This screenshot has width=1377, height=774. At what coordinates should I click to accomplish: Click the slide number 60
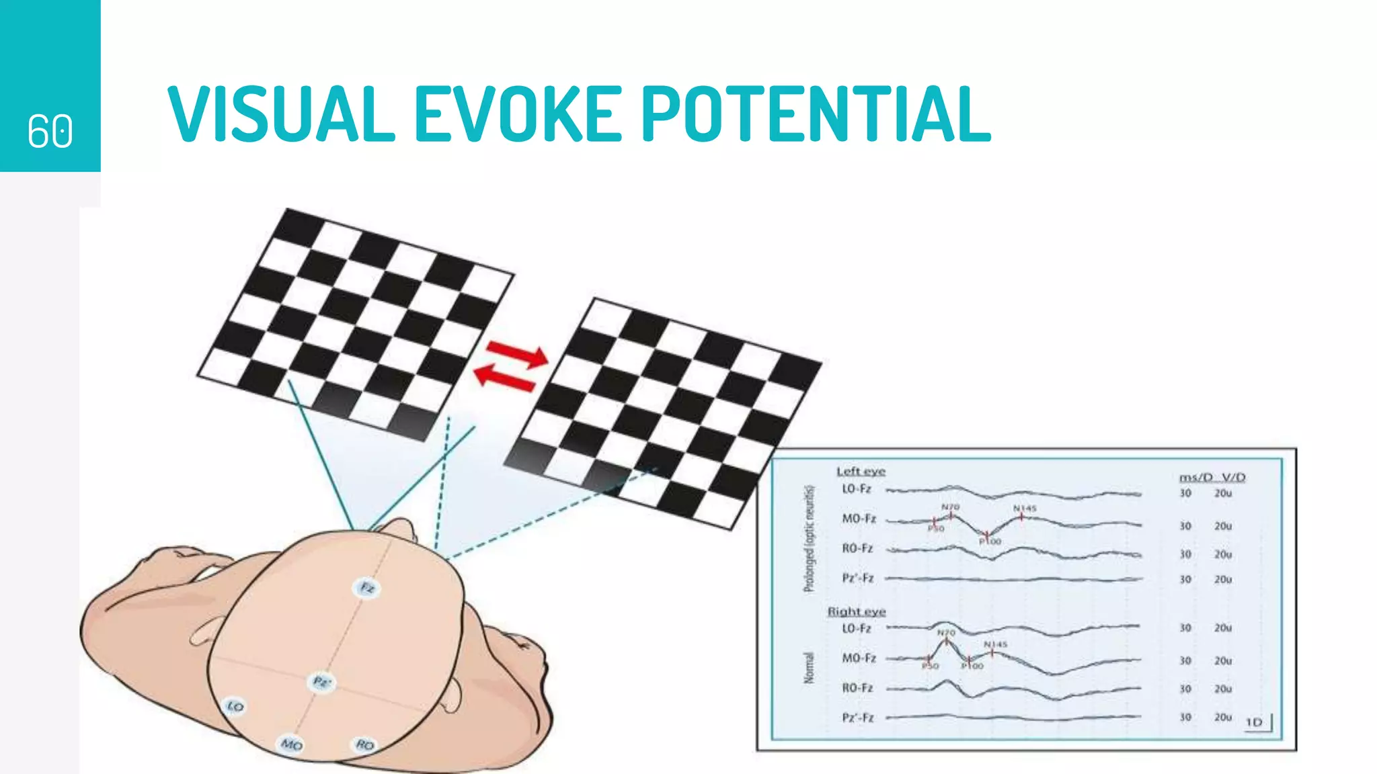pyautogui.click(x=50, y=130)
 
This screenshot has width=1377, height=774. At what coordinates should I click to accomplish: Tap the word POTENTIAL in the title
pyautogui.click(x=816, y=114)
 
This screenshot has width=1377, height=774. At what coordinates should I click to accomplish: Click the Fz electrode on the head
pyautogui.click(x=367, y=588)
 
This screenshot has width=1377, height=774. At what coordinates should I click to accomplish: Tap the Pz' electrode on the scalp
pyautogui.click(x=322, y=683)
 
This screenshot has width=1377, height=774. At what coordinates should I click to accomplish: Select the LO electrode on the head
pyautogui.click(x=235, y=706)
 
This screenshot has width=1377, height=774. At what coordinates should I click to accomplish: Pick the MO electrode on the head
pyautogui.click(x=291, y=744)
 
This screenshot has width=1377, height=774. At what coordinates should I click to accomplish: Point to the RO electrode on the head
pyautogui.click(x=364, y=744)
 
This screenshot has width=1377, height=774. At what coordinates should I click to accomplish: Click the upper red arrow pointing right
pyautogui.click(x=516, y=354)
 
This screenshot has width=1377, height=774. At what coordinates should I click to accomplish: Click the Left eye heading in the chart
pyautogui.click(x=861, y=472)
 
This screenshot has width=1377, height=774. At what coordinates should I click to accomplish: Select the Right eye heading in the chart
pyautogui.click(x=856, y=611)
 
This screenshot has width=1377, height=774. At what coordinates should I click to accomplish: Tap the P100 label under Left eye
pyautogui.click(x=990, y=542)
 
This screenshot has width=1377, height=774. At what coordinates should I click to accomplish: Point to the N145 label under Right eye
pyautogui.click(x=996, y=644)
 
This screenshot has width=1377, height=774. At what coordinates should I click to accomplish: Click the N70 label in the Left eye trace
pyautogui.click(x=950, y=507)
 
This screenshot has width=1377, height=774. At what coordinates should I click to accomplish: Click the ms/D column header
pyautogui.click(x=1196, y=477)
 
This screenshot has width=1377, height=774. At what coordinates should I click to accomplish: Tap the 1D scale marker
pyautogui.click(x=1255, y=722)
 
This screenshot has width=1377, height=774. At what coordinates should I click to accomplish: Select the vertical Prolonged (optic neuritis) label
pyautogui.click(x=810, y=539)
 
